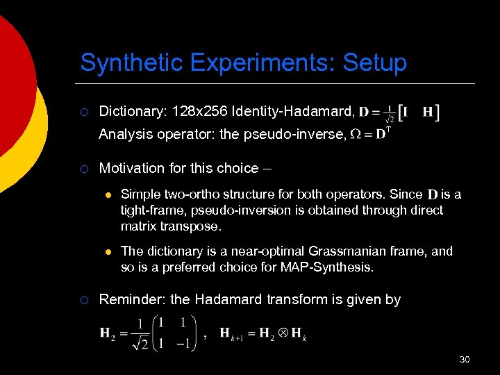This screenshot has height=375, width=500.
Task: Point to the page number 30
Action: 465,359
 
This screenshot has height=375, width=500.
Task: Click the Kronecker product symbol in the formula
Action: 283,333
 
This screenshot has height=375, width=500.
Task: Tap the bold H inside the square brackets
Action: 428,111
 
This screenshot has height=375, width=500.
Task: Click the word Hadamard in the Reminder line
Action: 229,299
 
